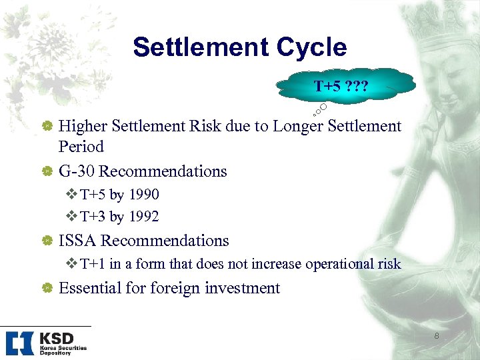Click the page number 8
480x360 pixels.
pyautogui.click(x=437, y=336)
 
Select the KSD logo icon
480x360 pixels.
pyautogui.click(x=19, y=343)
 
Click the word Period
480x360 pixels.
pyautogui.click(x=81, y=147)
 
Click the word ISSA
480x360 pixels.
pyautogui.click(x=78, y=241)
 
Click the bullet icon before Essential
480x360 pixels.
pyautogui.click(x=48, y=289)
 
